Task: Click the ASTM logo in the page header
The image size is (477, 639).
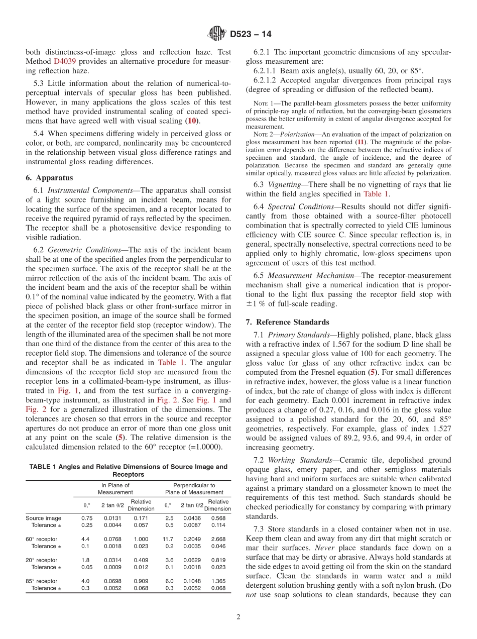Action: click(217, 34)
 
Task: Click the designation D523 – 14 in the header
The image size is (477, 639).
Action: click(249, 35)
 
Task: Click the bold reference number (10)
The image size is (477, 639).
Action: click(191, 121)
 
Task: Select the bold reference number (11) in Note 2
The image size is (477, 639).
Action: click(361, 142)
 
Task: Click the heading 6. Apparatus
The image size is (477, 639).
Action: click(49, 177)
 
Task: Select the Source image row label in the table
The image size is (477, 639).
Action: click(44, 518)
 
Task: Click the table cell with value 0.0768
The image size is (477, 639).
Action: click(112, 539)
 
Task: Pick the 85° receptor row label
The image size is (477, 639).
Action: click(42, 581)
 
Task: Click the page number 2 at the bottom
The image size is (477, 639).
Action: click(238, 617)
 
